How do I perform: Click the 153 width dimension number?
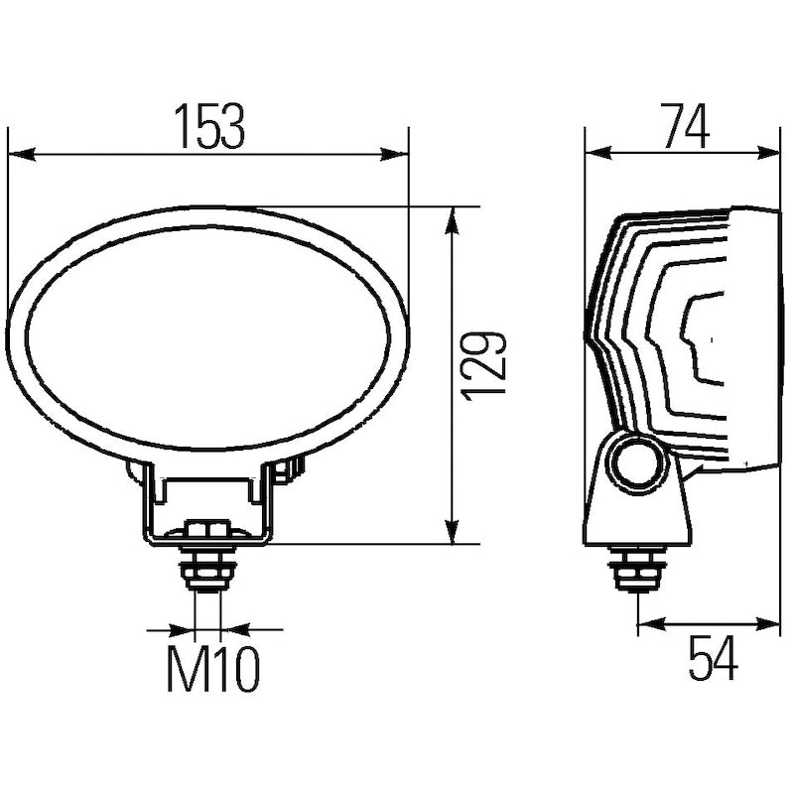[x=209, y=127]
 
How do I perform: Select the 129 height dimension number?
[x=484, y=366]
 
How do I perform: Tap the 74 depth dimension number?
[x=686, y=127]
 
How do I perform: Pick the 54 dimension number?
[x=713, y=658]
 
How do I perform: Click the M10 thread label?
[x=213, y=669]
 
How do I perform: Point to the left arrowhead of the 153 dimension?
[x=23, y=154]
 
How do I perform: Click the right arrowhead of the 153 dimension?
[x=394, y=154]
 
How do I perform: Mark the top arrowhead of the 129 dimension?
[x=452, y=220]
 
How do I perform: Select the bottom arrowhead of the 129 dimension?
[x=452, y=530]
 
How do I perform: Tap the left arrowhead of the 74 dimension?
[x=599, y=153]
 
